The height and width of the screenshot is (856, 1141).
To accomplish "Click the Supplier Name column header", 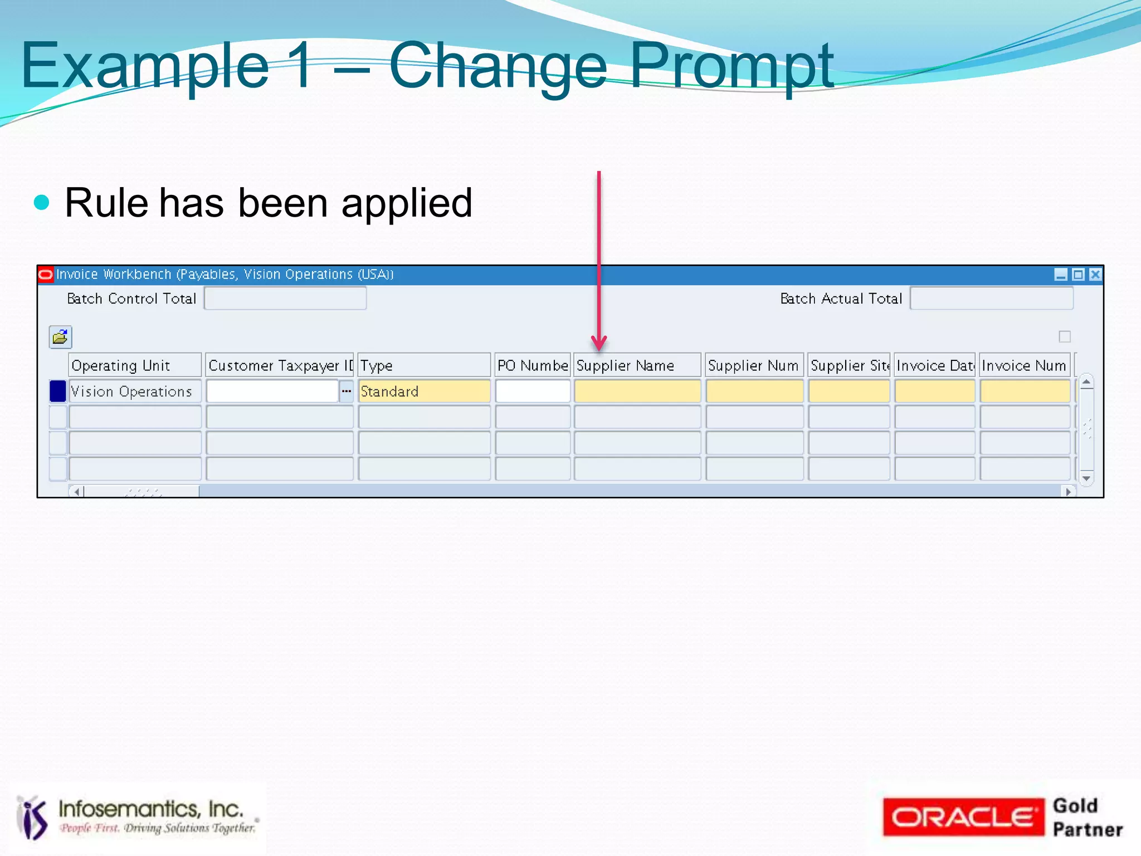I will [x=637, y=365].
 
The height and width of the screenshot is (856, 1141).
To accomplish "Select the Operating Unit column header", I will [x=134, y=365].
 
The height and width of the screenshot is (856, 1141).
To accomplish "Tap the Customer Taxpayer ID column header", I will [x=280, y=365].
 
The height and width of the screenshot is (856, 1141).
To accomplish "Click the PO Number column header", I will [x=533, y=365].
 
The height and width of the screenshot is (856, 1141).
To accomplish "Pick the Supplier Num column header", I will [x=754, y=365].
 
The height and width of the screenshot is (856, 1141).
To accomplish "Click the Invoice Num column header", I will [x=1024, y=365].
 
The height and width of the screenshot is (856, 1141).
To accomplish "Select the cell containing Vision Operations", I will [x=134, y=392].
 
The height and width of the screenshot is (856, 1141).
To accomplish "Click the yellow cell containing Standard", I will [x=424, y=392].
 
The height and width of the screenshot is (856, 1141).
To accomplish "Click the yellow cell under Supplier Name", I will [x=637, y=392].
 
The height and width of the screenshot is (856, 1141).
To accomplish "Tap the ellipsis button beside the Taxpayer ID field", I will [x=347, y=392].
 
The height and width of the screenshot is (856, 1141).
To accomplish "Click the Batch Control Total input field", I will [x=285, y=299].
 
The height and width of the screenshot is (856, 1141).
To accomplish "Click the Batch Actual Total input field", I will [x=991, y=299].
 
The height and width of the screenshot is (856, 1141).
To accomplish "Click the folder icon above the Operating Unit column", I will [x=60, y=337].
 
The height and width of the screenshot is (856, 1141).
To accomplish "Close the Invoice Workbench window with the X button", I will [x=1095, y=275].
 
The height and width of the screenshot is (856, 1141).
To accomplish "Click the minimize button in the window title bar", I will [x=1061, y=275].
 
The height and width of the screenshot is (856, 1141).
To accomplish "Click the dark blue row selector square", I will [x=58, y=392].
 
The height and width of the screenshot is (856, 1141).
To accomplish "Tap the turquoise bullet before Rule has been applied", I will [x=42, y=202].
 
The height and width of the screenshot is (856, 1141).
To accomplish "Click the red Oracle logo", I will [x=963, y=817].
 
